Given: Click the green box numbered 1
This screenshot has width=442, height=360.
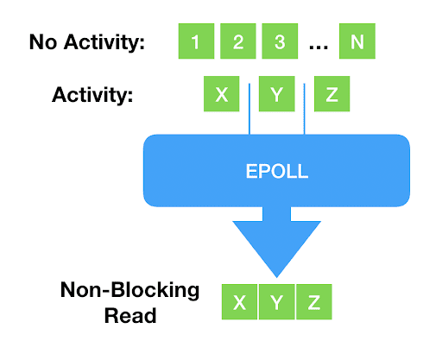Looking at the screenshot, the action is click(x=196, y=41).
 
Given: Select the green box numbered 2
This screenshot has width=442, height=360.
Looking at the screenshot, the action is click(x=238, y=41).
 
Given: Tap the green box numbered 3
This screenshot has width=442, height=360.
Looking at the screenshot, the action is click(x=280, y=41).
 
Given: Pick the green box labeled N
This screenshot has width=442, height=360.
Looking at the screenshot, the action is click(x=357, y=41).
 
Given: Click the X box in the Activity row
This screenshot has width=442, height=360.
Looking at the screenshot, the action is click(x=222, y=94).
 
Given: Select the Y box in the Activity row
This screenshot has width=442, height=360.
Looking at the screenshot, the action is click(x=277, y=94).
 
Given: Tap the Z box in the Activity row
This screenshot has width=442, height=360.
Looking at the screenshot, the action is click(x=331, y=94).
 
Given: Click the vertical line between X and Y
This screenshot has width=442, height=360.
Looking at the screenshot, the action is click(x=249, y=109).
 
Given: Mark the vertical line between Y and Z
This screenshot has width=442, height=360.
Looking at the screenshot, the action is click(x=304, y=109).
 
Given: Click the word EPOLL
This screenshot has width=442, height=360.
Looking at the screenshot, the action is click(x=277, y=172).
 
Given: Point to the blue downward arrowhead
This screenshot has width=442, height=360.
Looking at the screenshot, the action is click(x=277, y=248).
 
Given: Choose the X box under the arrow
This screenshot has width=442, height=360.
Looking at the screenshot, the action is click(x=239, y=302).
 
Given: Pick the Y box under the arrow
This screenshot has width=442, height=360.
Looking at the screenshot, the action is click(x=277, y=302).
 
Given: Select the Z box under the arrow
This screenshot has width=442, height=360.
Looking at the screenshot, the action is click(x=314, y=302).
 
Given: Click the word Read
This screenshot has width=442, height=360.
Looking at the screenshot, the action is click(x=130, y=316).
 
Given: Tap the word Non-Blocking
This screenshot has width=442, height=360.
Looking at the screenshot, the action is click(x=129, y=291).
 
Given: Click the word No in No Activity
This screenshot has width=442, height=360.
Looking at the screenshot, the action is click(x=43, y=42).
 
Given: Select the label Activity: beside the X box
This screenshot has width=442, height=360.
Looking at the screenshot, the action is click(x=92, y=95).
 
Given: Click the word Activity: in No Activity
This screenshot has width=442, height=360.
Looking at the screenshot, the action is click(x=104, y=42).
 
